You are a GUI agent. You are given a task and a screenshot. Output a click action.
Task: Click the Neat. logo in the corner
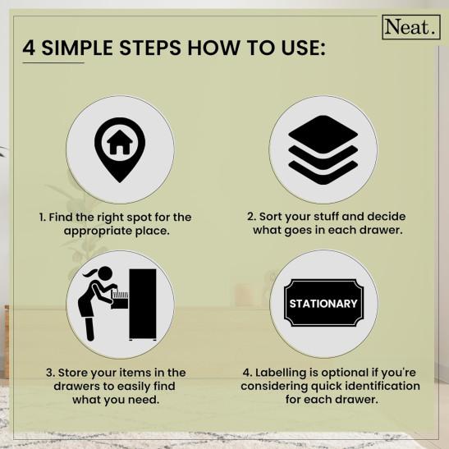click(411, 27)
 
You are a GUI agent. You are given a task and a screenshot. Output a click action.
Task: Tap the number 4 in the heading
click(29, 48)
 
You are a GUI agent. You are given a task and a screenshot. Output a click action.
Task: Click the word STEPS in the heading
click(150, 48)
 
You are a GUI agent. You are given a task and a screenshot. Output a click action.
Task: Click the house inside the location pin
click(120, 142)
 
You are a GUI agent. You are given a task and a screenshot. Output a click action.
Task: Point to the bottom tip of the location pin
click(120, 182)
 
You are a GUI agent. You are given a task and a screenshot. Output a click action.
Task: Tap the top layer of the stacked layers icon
click(323, 134)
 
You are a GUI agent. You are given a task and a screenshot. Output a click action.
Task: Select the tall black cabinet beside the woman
click(143, 304)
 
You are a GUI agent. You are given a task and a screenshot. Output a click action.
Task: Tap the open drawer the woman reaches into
click(120, 300)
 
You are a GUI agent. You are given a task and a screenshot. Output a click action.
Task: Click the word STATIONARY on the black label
click(323, 304)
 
